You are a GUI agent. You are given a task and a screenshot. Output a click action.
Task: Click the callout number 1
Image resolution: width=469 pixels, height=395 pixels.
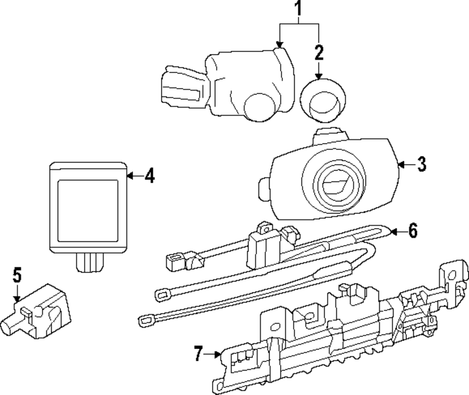click(x=299, y=8)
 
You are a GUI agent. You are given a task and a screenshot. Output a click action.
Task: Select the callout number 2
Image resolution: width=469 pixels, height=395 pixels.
click(x=319, y=52)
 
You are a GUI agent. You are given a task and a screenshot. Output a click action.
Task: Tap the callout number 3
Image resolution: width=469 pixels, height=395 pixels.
click(x=422, y=164)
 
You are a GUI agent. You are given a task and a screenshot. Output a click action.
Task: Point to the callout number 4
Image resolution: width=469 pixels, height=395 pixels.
click(x=149, y=176)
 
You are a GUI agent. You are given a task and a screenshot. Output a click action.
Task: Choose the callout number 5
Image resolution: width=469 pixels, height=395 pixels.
click(x=17, y=275)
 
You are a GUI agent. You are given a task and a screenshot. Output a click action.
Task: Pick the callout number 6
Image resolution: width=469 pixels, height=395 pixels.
click(x=412, y=231)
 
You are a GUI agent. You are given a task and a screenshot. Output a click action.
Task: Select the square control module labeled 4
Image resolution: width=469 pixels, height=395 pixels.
click(x=88, y=207)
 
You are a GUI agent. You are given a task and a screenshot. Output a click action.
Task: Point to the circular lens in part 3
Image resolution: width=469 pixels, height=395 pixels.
click(x=333, y=182)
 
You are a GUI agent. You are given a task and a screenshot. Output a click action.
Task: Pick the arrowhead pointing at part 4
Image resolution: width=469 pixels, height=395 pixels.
click(x=131, y=176)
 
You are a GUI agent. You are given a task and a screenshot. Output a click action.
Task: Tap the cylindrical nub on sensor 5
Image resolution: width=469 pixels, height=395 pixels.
click(x=10, y=325)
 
